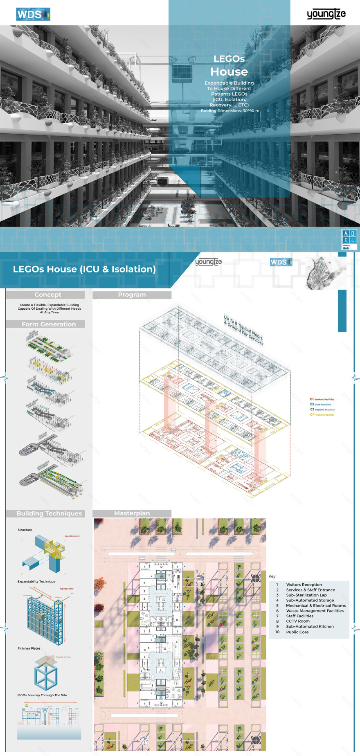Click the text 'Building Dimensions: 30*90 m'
pyautogui.click(x=229, y=111)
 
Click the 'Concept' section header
pyautogui.click(x=47, y=295)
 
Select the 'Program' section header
pyautogui.click(x=132, y=295)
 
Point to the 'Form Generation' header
pyautogui.click(x=49, y=324)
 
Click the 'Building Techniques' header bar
pyautogui.click(x=49, y=513)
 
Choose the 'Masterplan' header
pyautogui.click(x=132, y=513)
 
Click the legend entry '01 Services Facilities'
pyautogui.click(x=322, y=399)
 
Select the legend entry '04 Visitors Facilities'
pyautogui.click(x=322, y=415)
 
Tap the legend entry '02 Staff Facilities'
pyautogui.click(x=320, y=405)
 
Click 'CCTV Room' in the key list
pyautogui.click(x=297, y=621)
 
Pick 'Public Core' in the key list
pyautogui.click(x=297, y=632)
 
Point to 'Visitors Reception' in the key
pyautogui.click(x=304, y=585)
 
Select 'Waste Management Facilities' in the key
pyautogui.click(x=315, y=611)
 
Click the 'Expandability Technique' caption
pyautogui.click(x=36, y=581)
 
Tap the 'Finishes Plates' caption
pyautogui.click(x=29, y=648)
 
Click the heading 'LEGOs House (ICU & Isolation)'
pyautogui.click(x=84, y=269)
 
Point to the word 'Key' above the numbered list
pyautogui.click(x=272, y=576)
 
